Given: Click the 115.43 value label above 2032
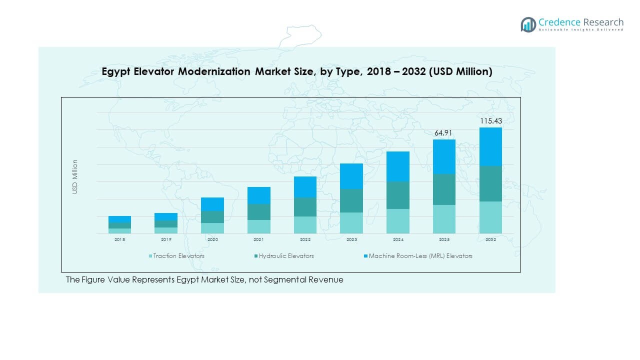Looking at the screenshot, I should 490,121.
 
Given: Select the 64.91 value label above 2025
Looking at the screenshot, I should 444,132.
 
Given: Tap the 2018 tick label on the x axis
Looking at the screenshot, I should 119,240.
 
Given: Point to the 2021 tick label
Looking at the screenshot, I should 258,240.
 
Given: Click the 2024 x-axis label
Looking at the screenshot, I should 398,240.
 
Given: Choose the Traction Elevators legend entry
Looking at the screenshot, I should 178,256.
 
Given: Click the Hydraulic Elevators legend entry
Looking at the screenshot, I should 286,256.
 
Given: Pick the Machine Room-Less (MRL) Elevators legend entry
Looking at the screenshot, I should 420,256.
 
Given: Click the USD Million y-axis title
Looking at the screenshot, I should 75,176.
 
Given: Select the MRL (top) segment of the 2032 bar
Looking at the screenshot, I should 490,146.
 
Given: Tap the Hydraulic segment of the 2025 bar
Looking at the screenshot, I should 444,189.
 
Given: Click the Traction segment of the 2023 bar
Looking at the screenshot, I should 351,223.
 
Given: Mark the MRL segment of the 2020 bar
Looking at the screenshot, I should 212,204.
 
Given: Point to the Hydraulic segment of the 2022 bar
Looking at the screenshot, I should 305,207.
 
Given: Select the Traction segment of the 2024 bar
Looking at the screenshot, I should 398,221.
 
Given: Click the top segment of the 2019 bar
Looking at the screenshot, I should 166,216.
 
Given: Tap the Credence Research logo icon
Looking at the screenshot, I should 528,24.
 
